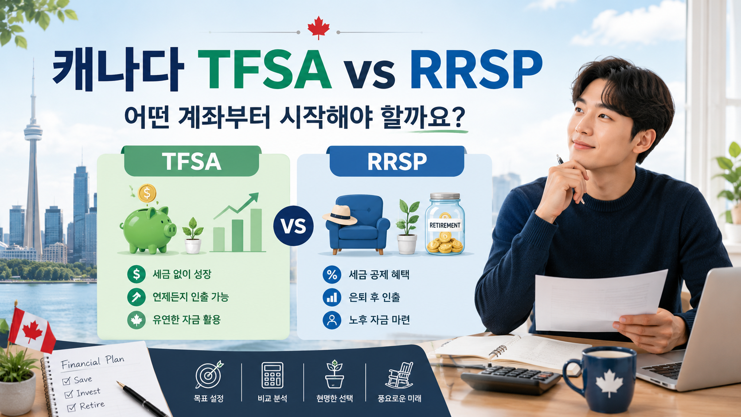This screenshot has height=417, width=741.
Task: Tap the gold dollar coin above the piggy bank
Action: click(147, 193)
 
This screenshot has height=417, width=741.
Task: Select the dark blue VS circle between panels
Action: click(293, 226)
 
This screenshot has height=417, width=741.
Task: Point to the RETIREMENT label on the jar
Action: click(445, 226)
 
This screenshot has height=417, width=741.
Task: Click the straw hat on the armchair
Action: click(340, 215)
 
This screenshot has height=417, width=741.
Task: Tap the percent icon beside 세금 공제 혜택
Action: click(332, 274)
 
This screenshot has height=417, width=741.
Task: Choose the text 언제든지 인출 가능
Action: click(191, 297)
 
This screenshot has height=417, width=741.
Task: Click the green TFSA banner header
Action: click(191, 161)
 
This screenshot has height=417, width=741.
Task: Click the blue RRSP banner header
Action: click(397, 161)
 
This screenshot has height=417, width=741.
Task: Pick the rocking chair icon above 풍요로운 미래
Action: click(399, 375)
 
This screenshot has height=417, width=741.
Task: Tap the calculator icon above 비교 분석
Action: click(272, 375)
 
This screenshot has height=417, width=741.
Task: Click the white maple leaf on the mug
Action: click(609, 383)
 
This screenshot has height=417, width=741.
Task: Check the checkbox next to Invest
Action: click(69, 394)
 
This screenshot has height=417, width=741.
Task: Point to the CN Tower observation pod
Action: click(33, 132)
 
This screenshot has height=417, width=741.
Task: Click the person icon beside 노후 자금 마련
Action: click(332, 320)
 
